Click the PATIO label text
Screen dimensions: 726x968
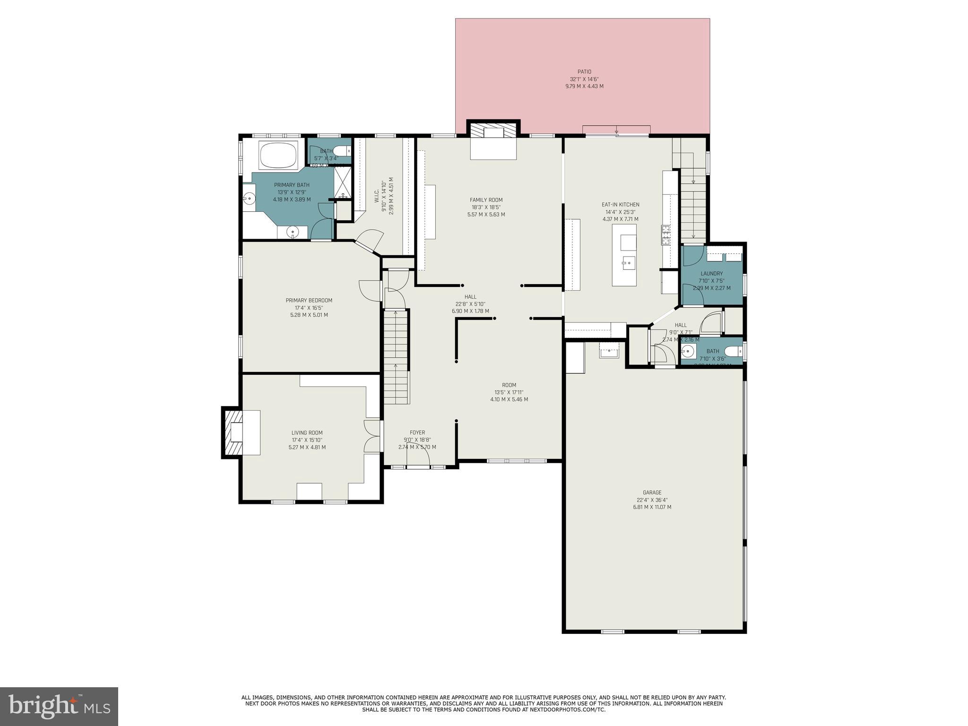[x=584, y=72]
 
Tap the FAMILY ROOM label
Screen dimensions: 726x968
[x=486, y=200]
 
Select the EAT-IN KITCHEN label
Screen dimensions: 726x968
[x=620, y=205]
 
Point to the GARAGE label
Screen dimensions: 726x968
[x=652, y=493]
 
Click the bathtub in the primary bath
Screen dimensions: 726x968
[x=278, y=155]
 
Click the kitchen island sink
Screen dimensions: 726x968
[x=628, y=262]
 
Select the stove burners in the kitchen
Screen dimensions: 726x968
[x=666, y=235]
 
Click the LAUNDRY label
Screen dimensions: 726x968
[x=711, y=274]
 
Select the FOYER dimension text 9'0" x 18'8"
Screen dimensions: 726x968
[x=417, y=440]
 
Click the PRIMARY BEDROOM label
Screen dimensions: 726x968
[x=309, y=301]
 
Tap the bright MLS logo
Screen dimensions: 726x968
[x=59, y=707]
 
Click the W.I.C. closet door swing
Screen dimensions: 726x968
[x=370, y=240]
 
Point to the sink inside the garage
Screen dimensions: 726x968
[x=609, y=352]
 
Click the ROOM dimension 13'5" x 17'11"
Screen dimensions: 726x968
[x=509, y=392]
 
